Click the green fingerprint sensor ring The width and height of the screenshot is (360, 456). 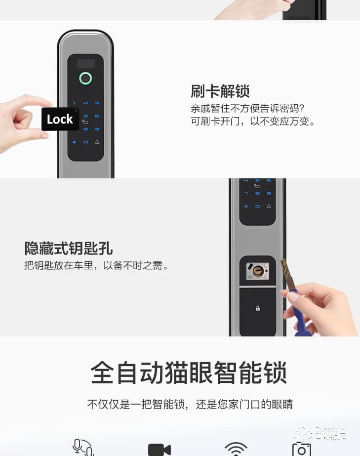(x=86, y=78)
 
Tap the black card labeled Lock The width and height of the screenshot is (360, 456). (x=60, y=119)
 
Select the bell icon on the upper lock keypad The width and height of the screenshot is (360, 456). (x=97, y=142)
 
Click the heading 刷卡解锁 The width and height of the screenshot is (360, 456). (x=220, y=91)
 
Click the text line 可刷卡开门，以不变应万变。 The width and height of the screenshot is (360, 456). (x=253, y=121)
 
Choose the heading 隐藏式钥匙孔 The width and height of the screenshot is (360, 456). (x=69, y=248)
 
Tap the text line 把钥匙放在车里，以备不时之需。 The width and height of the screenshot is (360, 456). (x=96, y=266)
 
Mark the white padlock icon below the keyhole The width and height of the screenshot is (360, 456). (x=258, y=308)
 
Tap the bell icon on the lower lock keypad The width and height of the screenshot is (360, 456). (x=269, y=206)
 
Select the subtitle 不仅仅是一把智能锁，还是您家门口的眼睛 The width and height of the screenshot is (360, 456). (x=190, y=404)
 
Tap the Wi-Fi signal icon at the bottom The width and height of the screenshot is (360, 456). (x=236, y=449)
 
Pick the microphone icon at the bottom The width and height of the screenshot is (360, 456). (x=82, y=448)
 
